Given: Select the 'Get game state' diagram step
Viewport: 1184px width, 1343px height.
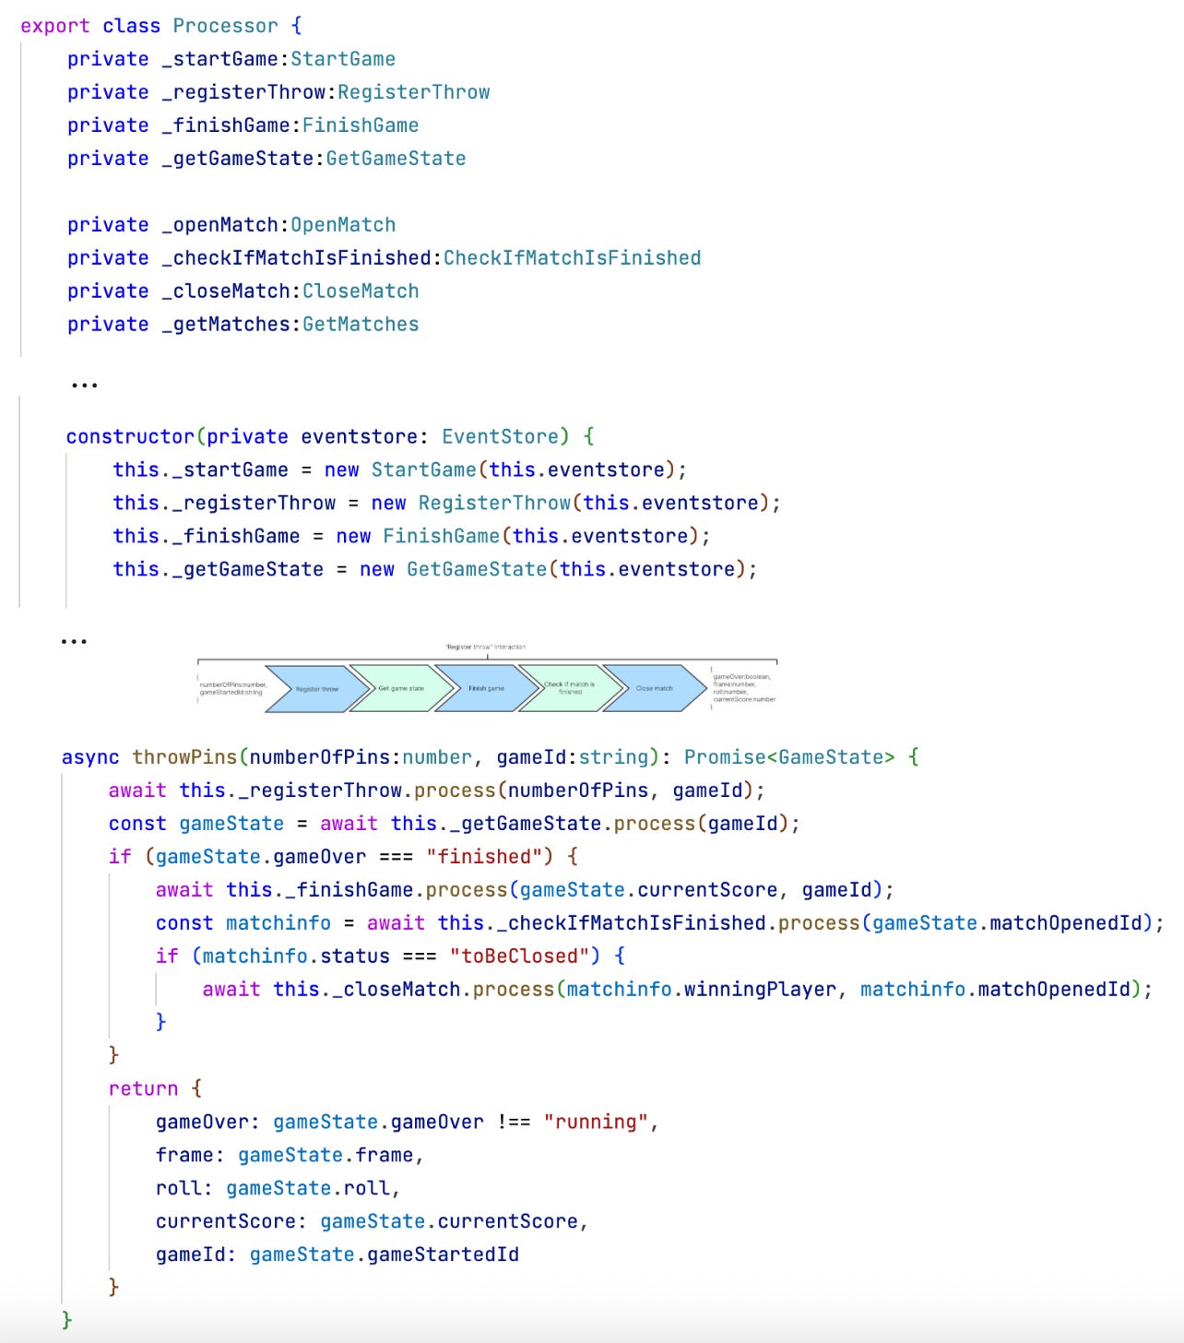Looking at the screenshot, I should click(401, 689).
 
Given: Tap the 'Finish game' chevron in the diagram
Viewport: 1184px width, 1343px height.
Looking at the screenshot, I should click(486, 689).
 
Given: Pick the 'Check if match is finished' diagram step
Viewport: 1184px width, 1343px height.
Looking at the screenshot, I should click(569, 689).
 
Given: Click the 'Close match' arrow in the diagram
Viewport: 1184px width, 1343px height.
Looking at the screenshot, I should click(654, 689).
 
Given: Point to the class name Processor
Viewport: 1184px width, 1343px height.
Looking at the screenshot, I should click(225, 26).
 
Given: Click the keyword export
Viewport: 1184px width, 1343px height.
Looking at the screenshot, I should click(55, 26).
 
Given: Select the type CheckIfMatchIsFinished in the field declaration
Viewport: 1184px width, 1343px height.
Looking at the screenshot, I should click(572, 258).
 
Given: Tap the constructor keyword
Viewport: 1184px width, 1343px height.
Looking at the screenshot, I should click(130, 437).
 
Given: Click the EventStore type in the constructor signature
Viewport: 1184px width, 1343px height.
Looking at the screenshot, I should click(500, 437).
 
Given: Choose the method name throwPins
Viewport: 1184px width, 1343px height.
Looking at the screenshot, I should click(184, 757).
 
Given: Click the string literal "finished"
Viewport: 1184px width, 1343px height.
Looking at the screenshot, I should click(484, 857).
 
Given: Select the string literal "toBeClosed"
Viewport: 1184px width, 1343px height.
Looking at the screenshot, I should click(519, 957).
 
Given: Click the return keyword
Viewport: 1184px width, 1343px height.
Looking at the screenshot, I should click(143, 1089).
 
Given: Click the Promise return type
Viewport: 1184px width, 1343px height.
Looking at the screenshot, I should click(725, 757).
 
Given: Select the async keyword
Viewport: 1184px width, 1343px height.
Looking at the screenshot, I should click(90, 757).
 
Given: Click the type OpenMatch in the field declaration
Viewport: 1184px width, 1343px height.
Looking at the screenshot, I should click(343, 225).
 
